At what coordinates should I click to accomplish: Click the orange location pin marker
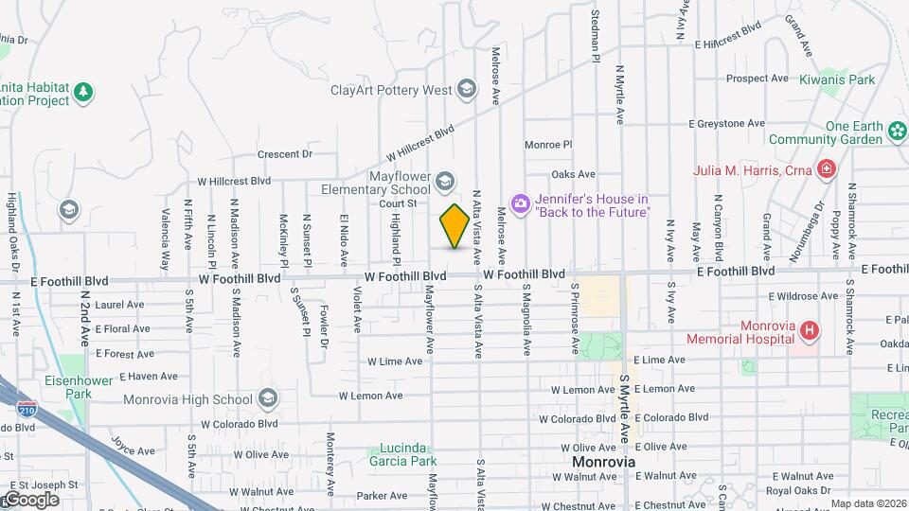tap(454, 226)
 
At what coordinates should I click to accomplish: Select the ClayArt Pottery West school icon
tap(466, 90)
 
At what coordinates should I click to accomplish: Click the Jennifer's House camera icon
tap(520, 203)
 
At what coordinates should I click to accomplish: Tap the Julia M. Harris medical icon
tap(827, 170)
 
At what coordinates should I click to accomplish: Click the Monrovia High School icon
tap(269, 397)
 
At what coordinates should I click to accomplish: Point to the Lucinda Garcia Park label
tap(395, 455)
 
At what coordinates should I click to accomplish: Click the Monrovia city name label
tap(603, 463)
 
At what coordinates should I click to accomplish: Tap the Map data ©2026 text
tap(868, 503)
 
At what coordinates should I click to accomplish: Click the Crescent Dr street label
tap(285, 153)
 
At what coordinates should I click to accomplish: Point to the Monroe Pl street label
tap(549, 145)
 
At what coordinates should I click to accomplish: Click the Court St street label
tap(399, 203)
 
